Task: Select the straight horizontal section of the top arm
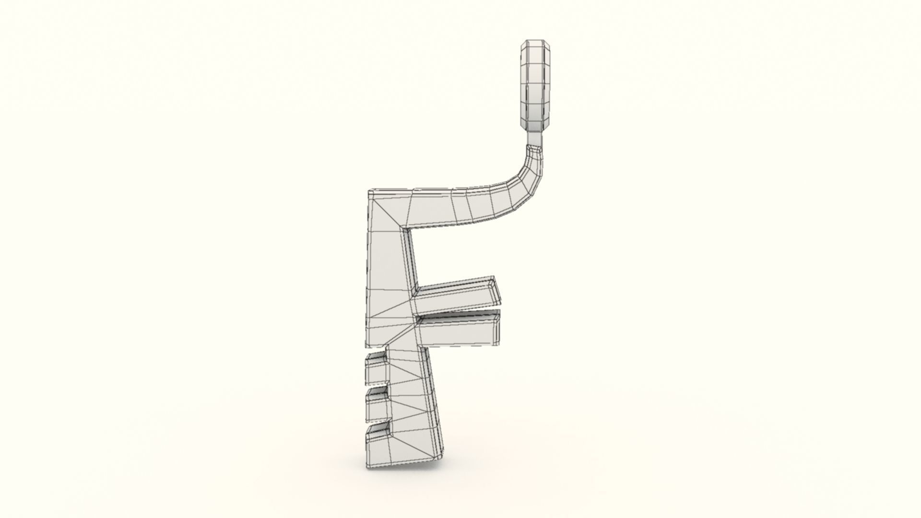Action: [432, 209]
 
